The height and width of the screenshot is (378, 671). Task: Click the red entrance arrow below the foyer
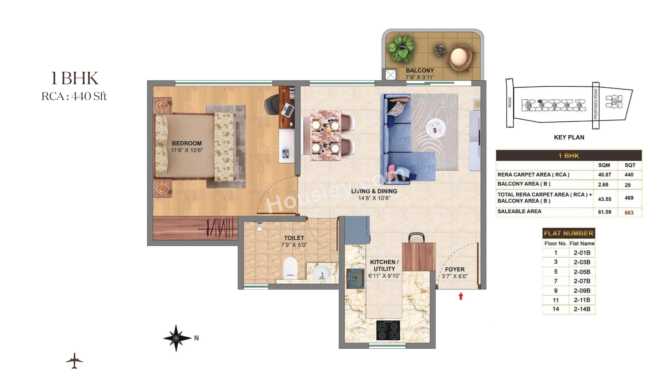point(461,296)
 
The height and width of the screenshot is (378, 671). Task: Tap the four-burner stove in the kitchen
point(388,330)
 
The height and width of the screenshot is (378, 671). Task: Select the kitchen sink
point(355,279)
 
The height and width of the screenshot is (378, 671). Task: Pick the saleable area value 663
point(629,213)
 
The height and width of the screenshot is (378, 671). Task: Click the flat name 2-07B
point(582,281)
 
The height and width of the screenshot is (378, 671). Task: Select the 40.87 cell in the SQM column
point(604,175)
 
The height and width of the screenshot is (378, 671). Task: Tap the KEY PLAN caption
point(569,137)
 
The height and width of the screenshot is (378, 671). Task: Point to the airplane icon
point(74,361)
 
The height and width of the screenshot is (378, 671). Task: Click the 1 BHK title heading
point(75,78)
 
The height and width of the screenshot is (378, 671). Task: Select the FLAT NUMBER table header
point(568,233)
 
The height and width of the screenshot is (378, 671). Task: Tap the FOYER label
point(454,269)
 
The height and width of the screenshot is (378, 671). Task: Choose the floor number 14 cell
point(556,309)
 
